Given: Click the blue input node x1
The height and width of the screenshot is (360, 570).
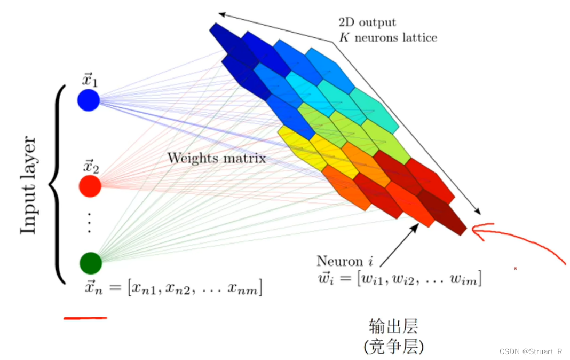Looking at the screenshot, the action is click(x=89, y=100).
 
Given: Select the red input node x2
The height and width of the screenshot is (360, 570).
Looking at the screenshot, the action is click(x=90, y=186).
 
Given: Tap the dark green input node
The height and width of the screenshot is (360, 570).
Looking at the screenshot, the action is click(x=91, y=263).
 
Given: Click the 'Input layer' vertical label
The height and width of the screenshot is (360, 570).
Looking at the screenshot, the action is click(x=28, y=185).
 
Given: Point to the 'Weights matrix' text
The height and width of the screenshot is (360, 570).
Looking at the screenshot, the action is click(x=217, y=158).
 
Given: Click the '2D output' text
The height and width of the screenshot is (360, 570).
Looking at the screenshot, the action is click(x=367, y=22).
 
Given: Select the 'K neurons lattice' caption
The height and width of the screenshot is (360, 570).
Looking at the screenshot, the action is click(x=388, y=37).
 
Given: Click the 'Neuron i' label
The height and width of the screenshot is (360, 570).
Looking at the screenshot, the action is click(x=345, y=261).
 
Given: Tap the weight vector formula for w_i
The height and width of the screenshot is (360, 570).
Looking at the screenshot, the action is click(x=400, y=278).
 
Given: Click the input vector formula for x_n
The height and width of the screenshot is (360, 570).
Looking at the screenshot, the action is click(x=173, y=288).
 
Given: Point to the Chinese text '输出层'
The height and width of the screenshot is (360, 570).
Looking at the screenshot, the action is click(x=394, y=326).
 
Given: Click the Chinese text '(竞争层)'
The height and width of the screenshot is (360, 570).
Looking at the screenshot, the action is click(x=394, y=346).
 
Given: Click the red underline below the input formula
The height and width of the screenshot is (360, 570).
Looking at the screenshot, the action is click(x=85, y=318).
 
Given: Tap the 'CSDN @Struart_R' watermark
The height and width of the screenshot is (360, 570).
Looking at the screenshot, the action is click(x=531, y=351).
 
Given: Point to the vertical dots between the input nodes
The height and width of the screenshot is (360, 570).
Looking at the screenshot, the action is click(x=90, y=223).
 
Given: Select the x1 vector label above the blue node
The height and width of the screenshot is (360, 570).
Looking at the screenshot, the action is click(x=90, y=80).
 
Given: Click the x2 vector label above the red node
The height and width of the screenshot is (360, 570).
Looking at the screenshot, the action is click(x=91, y=166).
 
